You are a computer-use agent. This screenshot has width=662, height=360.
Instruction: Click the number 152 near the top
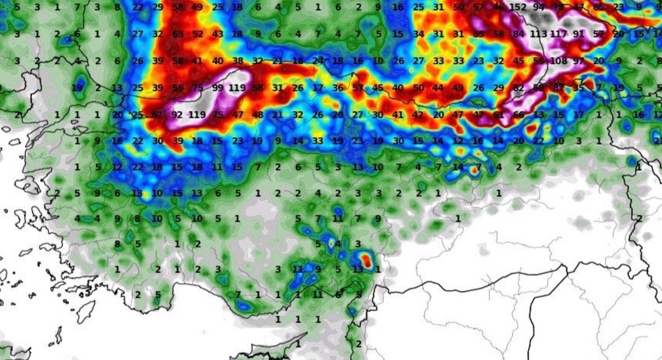coord(518,7)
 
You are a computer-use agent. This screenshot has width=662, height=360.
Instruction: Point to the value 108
coord(558,61)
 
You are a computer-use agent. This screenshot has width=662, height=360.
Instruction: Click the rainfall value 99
coord(218,88)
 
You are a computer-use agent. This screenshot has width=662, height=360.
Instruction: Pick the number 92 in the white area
coord(177,114)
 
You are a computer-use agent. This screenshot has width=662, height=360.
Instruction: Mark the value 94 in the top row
coord(539,7)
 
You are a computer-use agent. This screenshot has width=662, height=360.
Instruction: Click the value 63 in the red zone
coord(177,34)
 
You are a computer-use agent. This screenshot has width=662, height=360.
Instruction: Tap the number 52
coord(197,34)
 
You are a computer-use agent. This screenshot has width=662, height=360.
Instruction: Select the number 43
coord(218,34)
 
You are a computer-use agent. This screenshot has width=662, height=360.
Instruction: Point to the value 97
coord(578,61)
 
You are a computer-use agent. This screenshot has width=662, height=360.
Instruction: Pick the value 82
coord(519,88)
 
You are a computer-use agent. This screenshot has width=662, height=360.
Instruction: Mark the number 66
coord(519,114)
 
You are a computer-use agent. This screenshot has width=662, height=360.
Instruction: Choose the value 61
coord(499,114)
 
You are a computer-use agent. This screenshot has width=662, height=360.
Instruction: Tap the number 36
coord(338,88)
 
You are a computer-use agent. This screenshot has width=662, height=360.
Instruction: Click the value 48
coord(258,114)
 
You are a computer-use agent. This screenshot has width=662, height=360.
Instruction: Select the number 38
coord(238,61)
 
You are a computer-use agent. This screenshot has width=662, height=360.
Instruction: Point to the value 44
coord(438,88)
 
